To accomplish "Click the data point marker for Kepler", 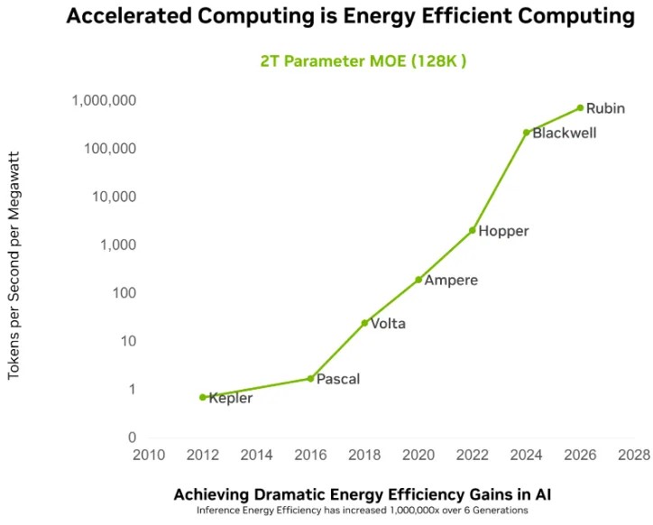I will click(x=203, y=397).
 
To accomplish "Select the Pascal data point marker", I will click(x=310, y=379).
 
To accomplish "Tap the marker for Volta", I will click(x=364, y=323).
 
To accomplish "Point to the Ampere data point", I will click(x=418, y=280).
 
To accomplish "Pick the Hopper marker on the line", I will click(x=472, y=230).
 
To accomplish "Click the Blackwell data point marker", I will click(x=526, y=133).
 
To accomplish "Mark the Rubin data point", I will click(x=580, y=108).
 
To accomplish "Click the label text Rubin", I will click(x=605, y=108).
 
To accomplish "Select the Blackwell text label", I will click(x=564, y=134).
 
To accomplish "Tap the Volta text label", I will click(x=388, y=324).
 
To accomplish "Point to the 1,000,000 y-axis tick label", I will click(x=104, y=100).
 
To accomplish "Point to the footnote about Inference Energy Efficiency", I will click(x=362, y=511).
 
